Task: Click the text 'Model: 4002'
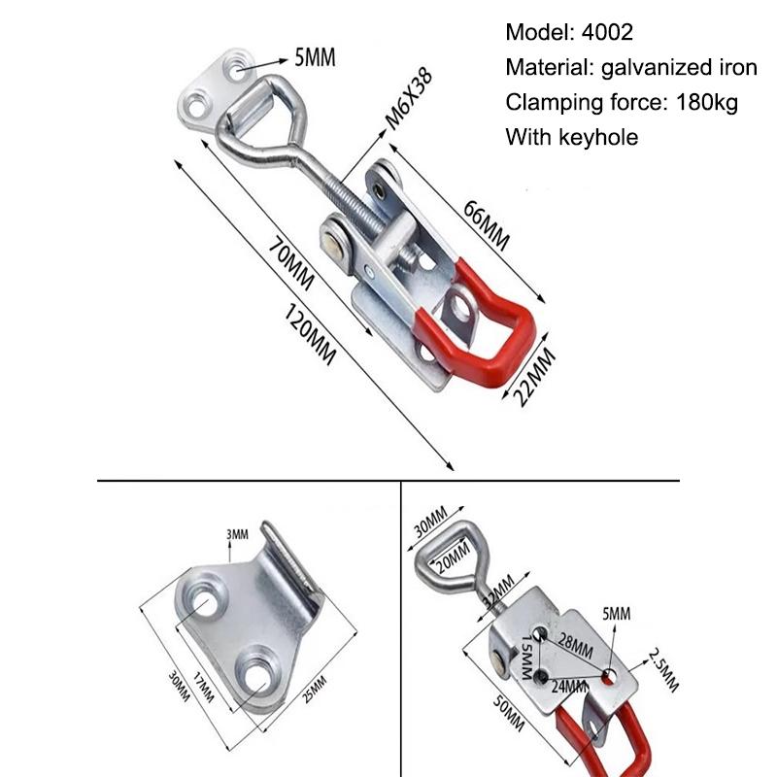569,32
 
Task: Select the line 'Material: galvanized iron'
631,67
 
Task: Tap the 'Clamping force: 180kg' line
622,102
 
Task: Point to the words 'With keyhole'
571,137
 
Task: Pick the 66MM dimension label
486,225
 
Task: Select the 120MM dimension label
311,335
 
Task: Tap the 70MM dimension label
291,264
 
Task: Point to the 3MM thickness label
237,534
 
